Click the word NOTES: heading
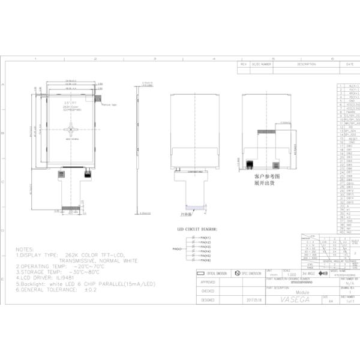point(26,248)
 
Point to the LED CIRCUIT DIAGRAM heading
point(197,229)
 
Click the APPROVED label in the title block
point(208,281)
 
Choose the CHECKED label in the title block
point(208,290)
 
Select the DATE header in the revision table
point(349,64)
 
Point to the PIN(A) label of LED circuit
point(177,248)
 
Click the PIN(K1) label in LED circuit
point(206,237)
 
